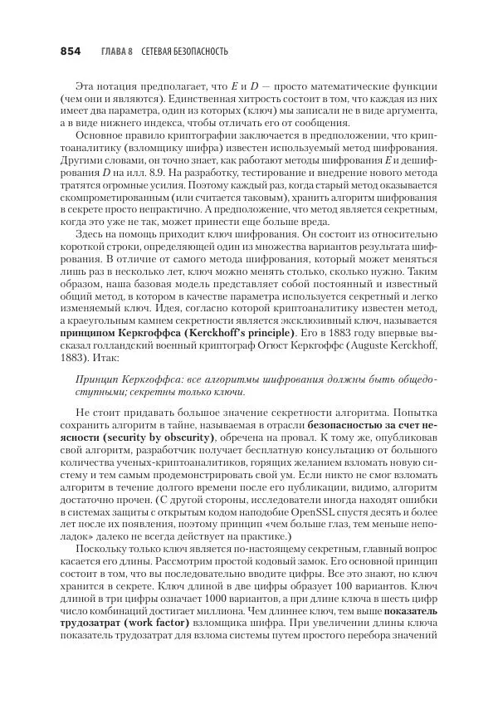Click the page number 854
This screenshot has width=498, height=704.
click(70, 51)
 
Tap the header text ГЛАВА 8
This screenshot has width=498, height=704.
click(116, 51)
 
